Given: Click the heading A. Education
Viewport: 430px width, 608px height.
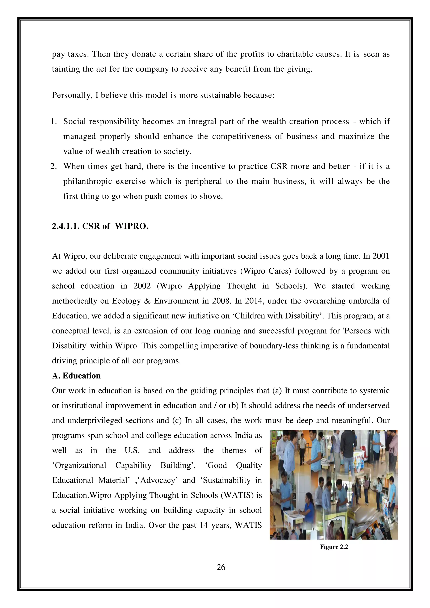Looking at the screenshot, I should click(x=76, y=376).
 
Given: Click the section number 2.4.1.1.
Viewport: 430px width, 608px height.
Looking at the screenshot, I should click(x=66, y=226).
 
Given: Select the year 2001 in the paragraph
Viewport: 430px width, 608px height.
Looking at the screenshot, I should click(x=381, y=256).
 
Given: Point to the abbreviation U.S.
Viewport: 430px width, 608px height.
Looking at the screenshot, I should click(x=132, y=451).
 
